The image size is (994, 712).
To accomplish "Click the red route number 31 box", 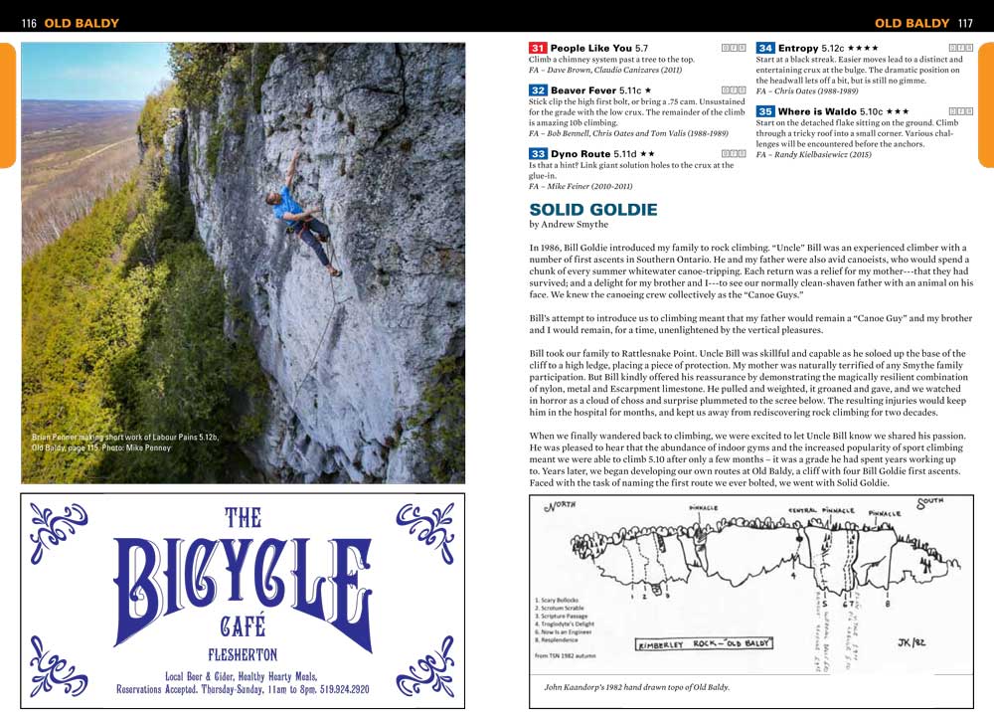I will (538, 48).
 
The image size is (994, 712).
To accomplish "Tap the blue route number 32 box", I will (538, 90).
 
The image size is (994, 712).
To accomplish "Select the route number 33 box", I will (538, 154).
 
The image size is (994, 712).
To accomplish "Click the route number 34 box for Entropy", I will (765, 48).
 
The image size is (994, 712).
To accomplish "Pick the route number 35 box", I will (765, 111).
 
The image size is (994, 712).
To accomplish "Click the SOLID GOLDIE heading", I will (593, 210).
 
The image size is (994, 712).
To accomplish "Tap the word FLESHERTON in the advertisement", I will (243, 654).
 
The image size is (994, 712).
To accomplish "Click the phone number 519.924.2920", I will (334, 688).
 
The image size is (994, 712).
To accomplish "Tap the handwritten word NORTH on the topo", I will (563, 507).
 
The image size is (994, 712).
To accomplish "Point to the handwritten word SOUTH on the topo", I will (932, 502).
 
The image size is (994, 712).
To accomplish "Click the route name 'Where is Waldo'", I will (816, 111).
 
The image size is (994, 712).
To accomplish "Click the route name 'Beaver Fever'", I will (582, 90).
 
